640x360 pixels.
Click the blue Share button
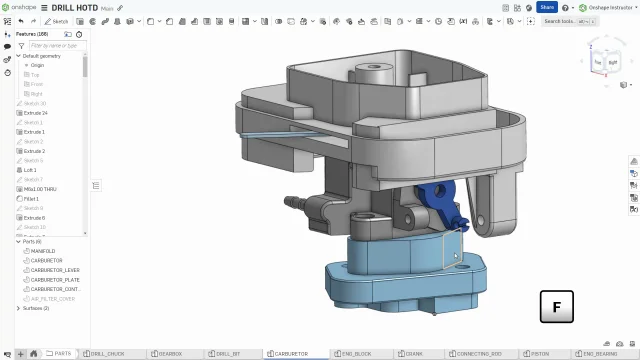pyautogui.click(x=546, y=7)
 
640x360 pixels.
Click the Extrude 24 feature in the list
pyautogui.click(x=35, y=113)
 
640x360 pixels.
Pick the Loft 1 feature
pyautogui.click(x=30, y=170)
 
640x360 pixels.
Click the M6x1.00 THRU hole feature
pyautogui.click(x=40, y=189)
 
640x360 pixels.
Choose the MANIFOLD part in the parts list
pyautogui.click(x=43, y=251)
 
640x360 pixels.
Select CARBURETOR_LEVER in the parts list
pyautogui.click(x=55, y=270)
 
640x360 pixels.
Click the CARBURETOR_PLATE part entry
pyautogui.click(x=54, y=280)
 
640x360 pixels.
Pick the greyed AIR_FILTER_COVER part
pyautogui.click(x=53, y=298)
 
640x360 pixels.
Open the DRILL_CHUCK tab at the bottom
pyautogui.click(x=108, y=354)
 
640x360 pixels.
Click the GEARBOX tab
pyautogui.click(x=170, y=354)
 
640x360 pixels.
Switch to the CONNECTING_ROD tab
pyautogui.click(x=479, y=354)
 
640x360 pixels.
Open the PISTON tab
pyautogui.click(x=540, y=354)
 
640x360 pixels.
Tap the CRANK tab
pyautogui.click(x=414, y=354)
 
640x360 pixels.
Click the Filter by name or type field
pyautogui.click(x=55, y=45)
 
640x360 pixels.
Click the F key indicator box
pyautogui.click(x=556, y=307)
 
